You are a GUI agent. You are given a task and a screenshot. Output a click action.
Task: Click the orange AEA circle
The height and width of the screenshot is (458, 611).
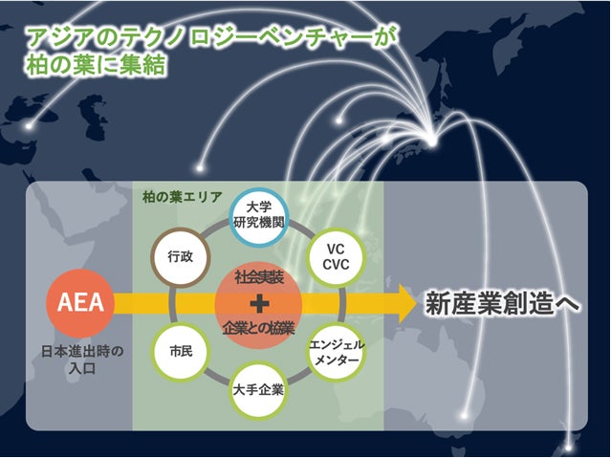[x=81, y=304]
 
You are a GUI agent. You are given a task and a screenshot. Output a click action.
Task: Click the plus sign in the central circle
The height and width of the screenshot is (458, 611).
[x=256, y=304]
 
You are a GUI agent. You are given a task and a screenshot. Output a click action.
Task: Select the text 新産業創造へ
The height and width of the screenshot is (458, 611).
[x=503, y=304]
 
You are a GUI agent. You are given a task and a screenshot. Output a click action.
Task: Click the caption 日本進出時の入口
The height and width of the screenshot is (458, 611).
[x=81, y=358]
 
